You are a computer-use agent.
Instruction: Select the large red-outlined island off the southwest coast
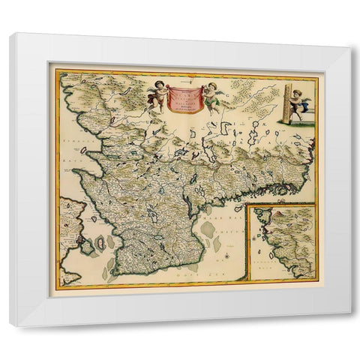coord(96,246)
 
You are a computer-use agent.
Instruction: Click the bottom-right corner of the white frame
coord(349,325)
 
